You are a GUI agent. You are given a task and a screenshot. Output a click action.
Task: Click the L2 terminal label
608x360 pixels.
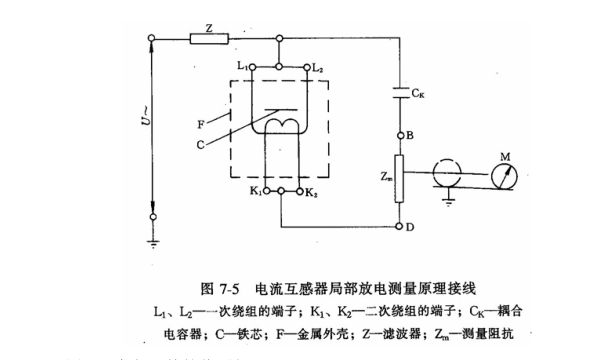click(317, 66)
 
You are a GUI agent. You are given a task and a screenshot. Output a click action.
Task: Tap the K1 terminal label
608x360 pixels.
click(256, 189)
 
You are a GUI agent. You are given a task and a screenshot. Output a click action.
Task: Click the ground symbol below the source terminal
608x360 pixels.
click(153, 240)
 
